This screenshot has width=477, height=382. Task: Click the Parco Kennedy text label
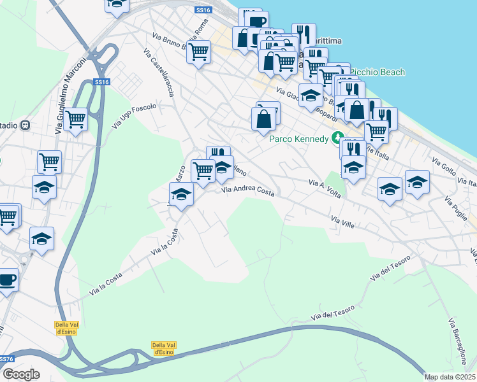coord(298,138)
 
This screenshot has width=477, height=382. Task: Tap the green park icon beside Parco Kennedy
coord(337,138)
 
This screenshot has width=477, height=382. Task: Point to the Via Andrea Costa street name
coord(248,190)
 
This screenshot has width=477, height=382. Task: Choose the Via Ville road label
coord(342,222)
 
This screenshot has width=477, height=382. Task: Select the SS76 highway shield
coord(7,359)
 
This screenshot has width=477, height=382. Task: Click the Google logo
coord(21,374)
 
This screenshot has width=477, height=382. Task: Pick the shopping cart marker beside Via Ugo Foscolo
coord(76,119)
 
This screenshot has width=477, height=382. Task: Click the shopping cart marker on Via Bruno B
coord(199,51)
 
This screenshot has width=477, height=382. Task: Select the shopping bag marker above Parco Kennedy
coord(263,119)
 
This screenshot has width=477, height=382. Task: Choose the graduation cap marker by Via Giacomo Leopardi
coord(311,95)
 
